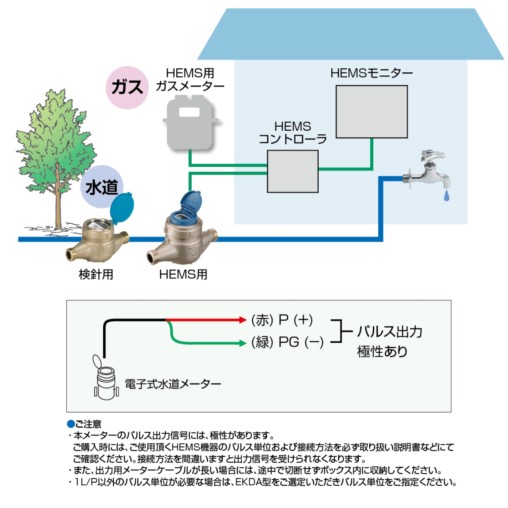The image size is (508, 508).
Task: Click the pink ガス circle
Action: click(127, 87)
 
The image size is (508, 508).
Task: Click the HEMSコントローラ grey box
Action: click(293, 171)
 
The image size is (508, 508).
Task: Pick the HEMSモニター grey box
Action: click(372, 112)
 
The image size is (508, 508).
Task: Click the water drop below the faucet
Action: click(446, 195)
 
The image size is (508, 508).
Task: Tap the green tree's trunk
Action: click(58, 203)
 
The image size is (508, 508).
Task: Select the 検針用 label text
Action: click(96, 274)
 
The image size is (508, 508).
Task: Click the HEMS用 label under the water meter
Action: click(183, 274)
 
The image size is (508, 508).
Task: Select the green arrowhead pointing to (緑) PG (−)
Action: click(243, 343)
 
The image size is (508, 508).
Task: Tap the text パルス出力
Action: click(390, 332)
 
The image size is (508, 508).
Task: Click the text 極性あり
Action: click(382, 352)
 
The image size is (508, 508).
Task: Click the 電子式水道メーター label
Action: click(173, 384)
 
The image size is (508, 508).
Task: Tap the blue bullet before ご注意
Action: click(71, 424)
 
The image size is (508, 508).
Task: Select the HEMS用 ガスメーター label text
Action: click(190, 79)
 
